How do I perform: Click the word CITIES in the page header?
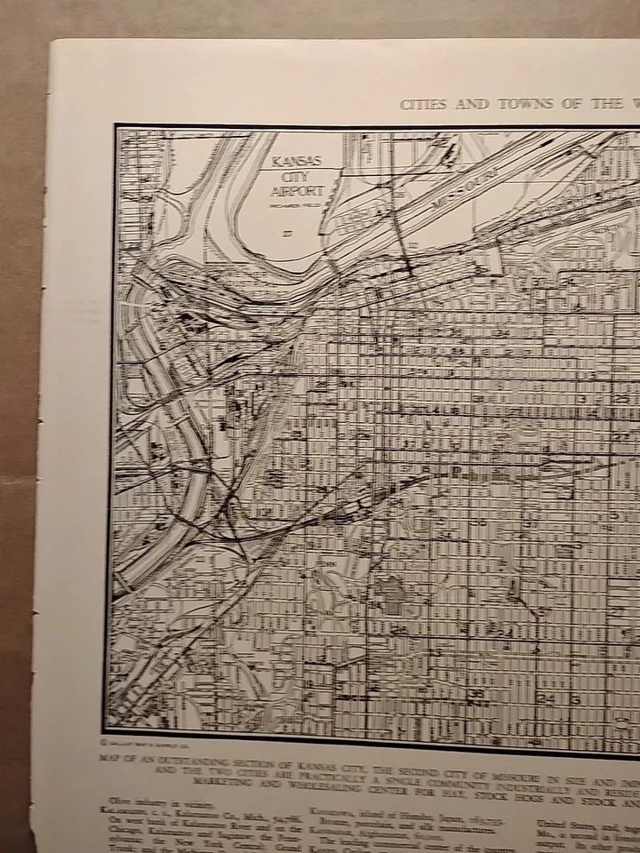[x=422, y=104]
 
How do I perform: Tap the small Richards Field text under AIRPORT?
[x=296, y=205]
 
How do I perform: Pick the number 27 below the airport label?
[x=286, y=234]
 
